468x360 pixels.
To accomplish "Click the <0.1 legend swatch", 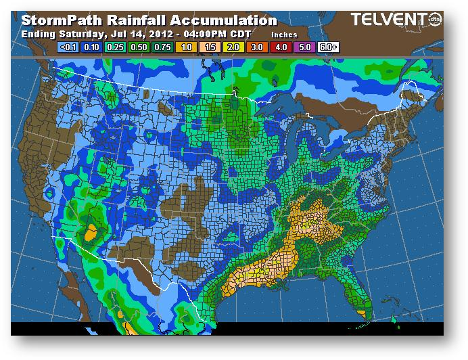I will [68, 47].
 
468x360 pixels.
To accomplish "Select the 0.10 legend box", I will [90, 47].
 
